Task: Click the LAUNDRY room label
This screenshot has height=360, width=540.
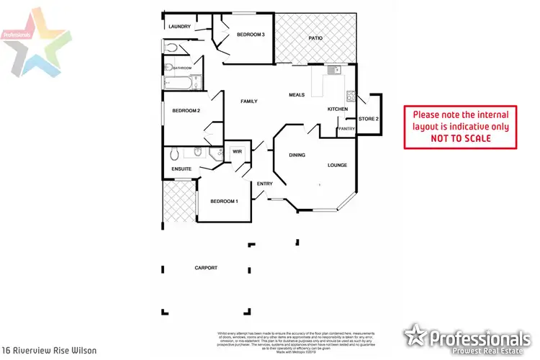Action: [179, 27]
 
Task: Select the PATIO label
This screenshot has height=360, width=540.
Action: [315, 37]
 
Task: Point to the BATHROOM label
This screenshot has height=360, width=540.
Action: [181, 68]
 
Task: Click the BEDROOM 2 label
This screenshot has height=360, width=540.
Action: [186, 110]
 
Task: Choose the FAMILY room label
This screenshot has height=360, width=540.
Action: [248, 102]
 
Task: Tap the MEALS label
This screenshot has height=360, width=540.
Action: [297, 94]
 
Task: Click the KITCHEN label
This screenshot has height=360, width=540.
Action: [338, 109]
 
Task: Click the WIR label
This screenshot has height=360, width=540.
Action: [236, 151]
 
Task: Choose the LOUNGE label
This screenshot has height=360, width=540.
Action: [338, 165]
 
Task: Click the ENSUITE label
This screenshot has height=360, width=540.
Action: [181, 169]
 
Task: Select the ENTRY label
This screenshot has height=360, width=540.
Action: [264, 184]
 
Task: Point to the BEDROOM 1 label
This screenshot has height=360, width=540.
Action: [223, 201]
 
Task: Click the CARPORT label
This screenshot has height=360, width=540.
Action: [206, 268]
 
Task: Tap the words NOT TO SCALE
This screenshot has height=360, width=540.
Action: [460, 138]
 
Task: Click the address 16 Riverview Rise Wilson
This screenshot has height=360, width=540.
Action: [49, 351]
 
